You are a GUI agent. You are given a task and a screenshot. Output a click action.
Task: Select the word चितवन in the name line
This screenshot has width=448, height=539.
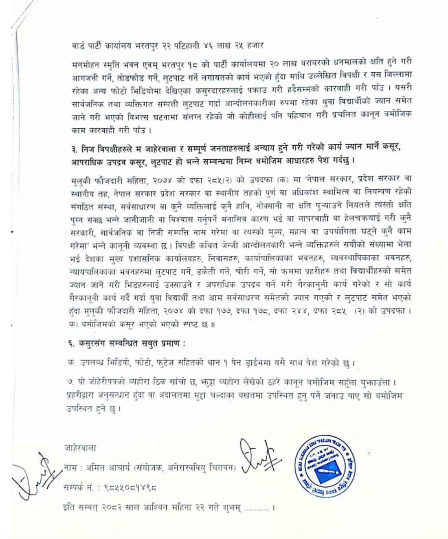pos(222,468)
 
